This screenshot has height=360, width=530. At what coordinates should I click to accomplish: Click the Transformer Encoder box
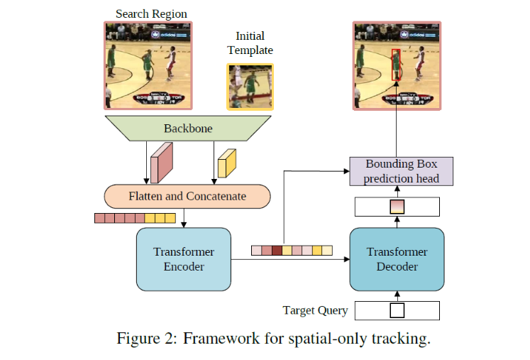tap(184, 259)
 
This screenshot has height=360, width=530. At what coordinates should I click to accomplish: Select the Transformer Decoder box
tap(397, 259)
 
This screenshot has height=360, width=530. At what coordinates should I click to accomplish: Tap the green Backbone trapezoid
tap(187, 129)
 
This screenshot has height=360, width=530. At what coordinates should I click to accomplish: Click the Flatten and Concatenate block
tap(187, 196)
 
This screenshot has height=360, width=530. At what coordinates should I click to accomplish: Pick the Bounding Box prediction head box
tap(402, 171)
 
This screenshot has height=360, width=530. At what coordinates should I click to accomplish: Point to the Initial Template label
tap(250, 43)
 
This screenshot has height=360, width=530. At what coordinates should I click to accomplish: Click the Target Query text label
tap(315, 310)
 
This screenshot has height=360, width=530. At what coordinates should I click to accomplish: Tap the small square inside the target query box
tap(397, 311)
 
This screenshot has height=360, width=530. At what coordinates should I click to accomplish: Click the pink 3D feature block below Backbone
tap(162, 162)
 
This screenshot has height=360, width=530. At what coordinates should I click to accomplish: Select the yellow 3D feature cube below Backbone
tap(226, 163)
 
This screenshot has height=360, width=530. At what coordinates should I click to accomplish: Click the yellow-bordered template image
tap(250, 87)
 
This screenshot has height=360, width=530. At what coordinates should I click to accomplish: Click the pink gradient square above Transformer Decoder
tap(397, 207)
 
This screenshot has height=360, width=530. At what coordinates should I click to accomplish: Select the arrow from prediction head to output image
tap(397, 133)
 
